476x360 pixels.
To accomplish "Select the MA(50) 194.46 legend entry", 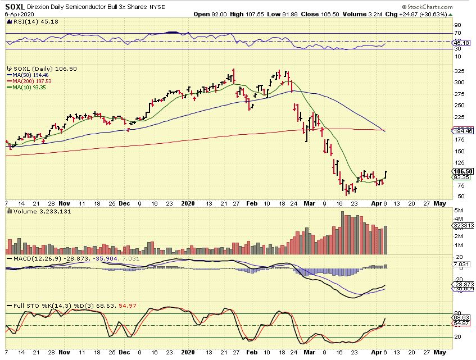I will [28, 74].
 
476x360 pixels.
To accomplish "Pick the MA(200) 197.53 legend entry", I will [29, 80].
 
